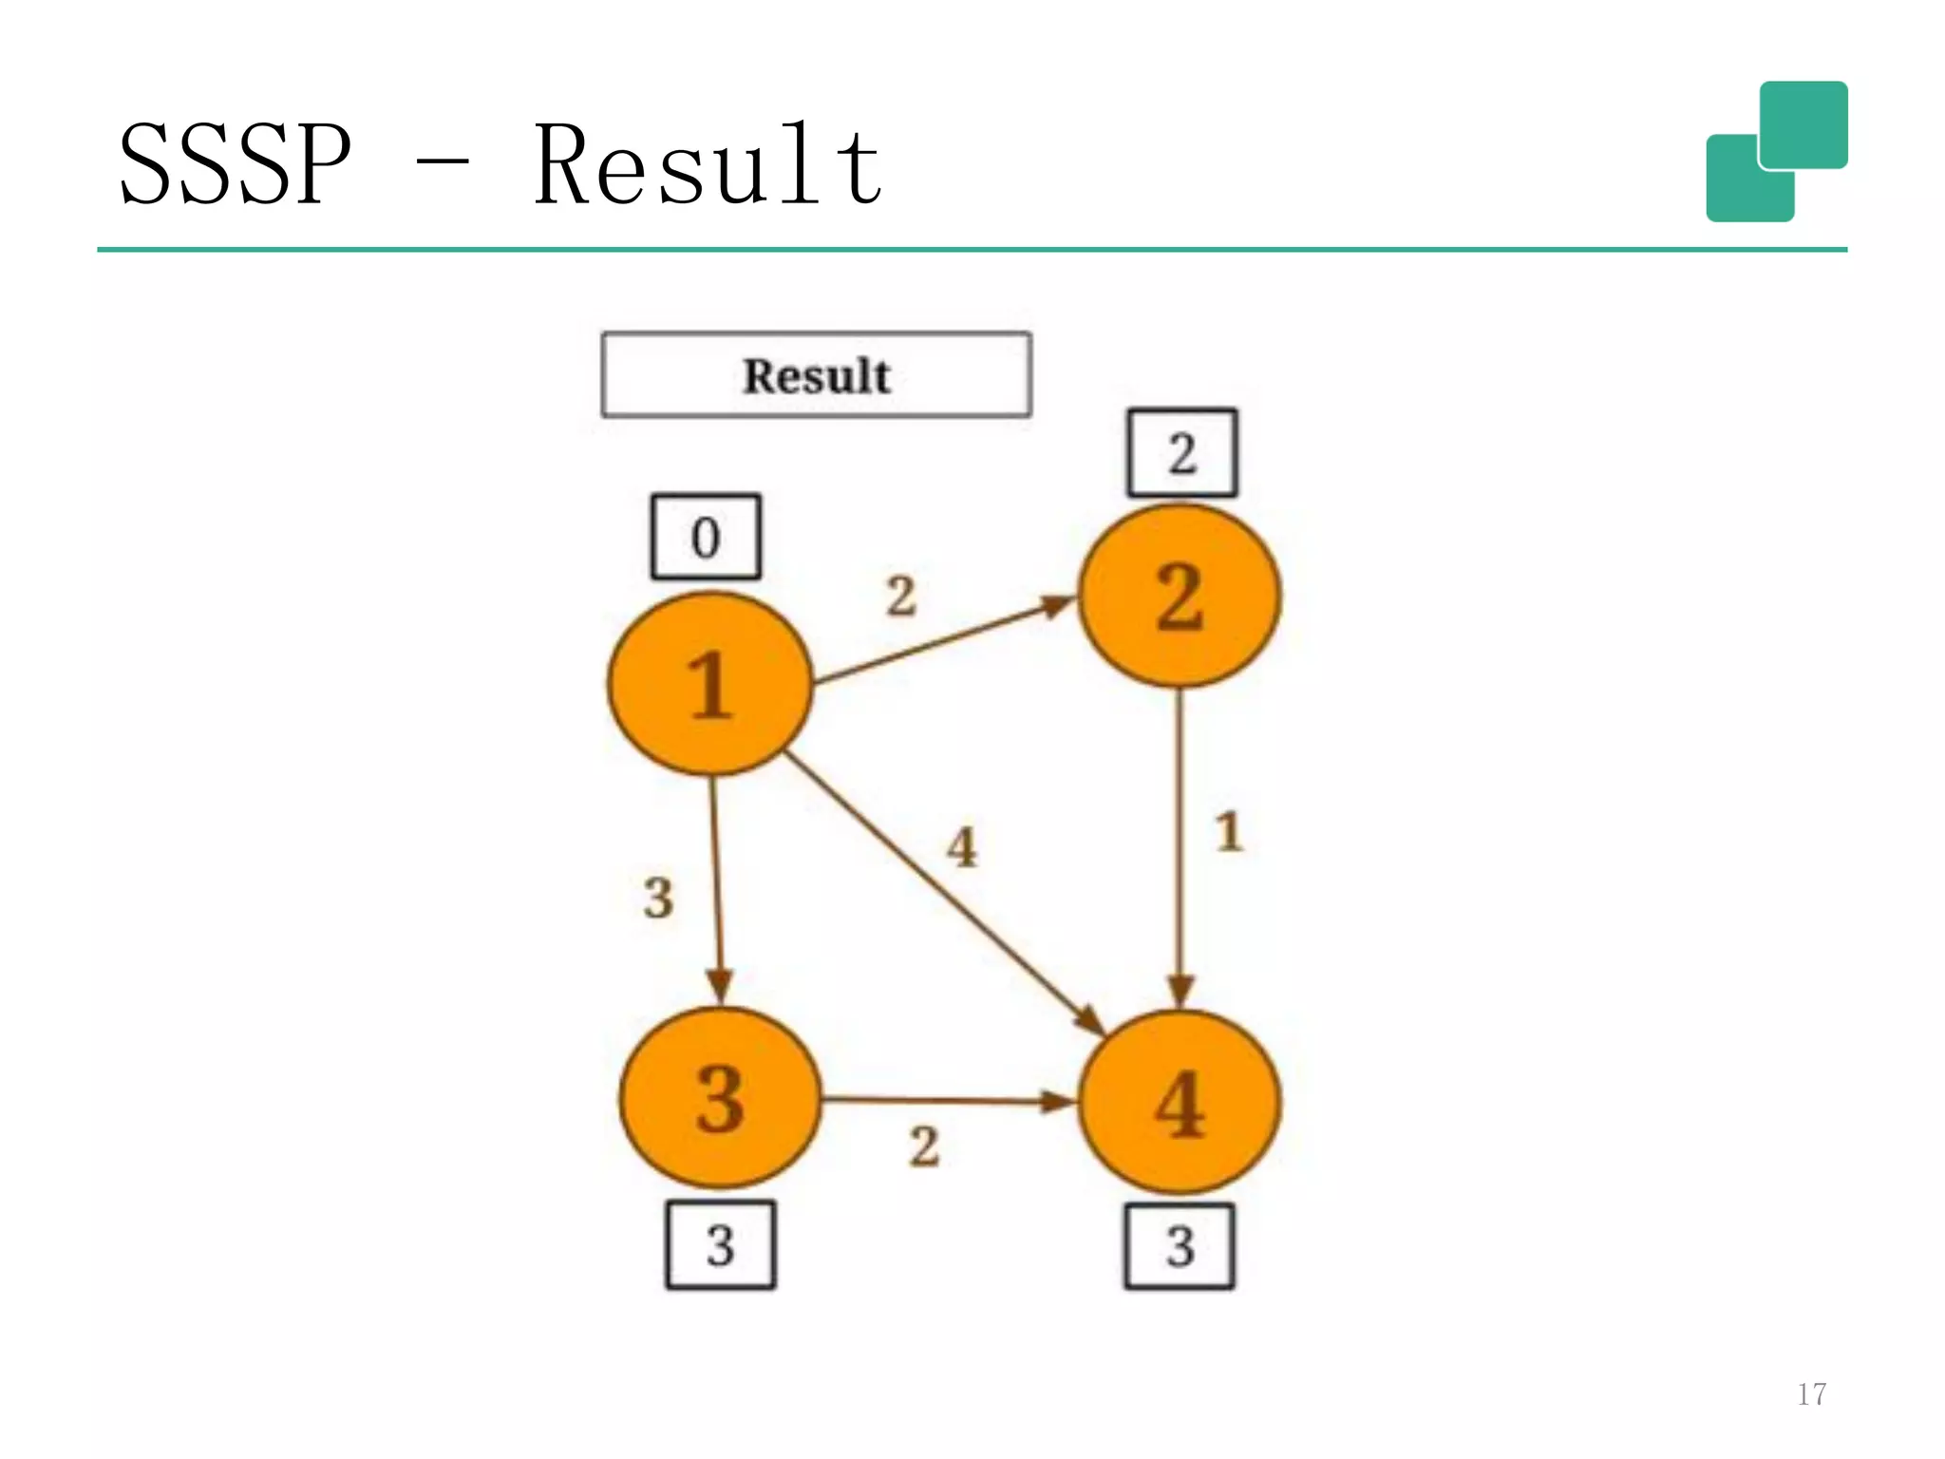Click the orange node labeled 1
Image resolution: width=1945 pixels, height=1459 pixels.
[x=710, y=684]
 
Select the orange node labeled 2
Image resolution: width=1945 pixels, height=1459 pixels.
[x=1180, y=596]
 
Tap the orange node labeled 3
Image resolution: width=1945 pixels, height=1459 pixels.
[x=720, y=1098]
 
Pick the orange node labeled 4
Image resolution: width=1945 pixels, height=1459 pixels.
[x=1180, y=1102]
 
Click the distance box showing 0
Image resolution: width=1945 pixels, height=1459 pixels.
[x=706, y=537]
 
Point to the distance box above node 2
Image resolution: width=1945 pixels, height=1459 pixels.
[x=1182, y=453]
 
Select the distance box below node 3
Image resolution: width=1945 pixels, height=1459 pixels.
[x=721, y=1244]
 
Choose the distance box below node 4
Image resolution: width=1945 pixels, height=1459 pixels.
[x=1180, y=1246]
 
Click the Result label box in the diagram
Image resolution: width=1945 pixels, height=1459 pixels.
[x=817, y=375]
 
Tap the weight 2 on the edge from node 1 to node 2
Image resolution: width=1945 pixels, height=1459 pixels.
[x=901, y=597]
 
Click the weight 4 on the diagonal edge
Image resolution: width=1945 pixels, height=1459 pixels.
[x=962, y=846]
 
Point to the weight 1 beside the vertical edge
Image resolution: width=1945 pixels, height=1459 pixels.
[x=1229, y=832]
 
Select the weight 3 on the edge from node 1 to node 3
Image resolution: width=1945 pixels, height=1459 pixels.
[x=658, y=898]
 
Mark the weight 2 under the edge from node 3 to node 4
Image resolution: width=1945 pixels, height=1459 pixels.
[x=924, y=1146]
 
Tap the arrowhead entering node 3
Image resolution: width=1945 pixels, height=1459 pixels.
[x=720, y=985]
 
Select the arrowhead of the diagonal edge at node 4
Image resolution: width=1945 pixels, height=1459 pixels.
[x=1090, y=1022]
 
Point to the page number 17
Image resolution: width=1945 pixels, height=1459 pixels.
[x=1811, y=1394]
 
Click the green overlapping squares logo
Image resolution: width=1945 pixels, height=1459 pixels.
[x=1776, y=152]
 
